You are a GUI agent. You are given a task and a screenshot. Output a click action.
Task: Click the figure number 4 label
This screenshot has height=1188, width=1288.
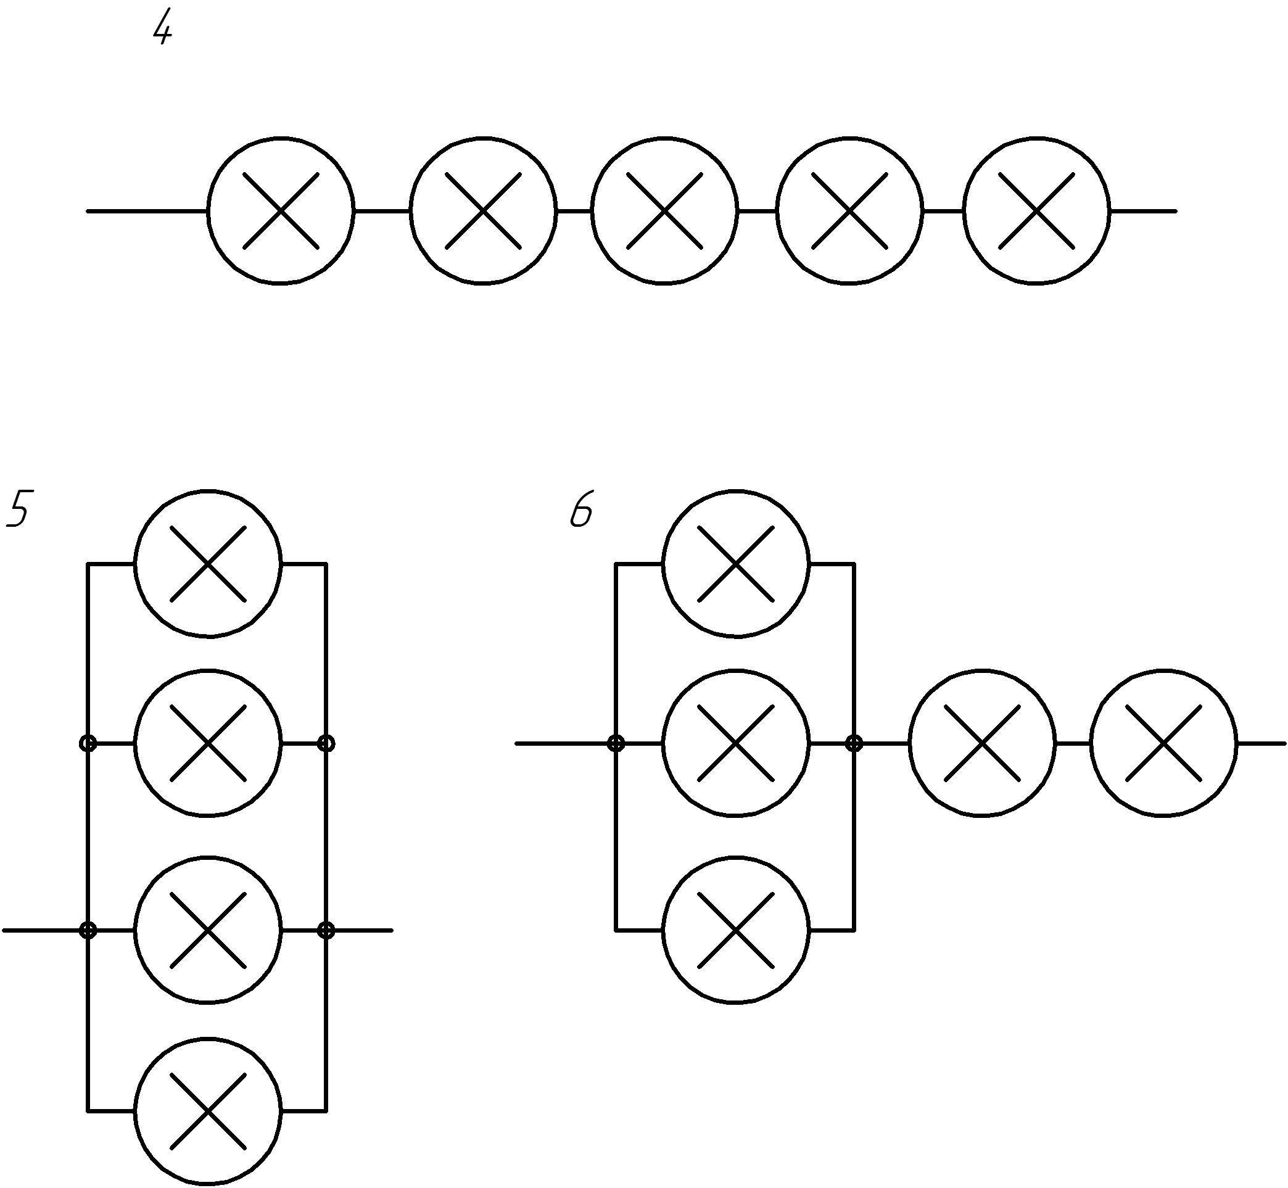coord(163,30)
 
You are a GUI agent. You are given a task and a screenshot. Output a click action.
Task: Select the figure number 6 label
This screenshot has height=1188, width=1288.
coord(581,513)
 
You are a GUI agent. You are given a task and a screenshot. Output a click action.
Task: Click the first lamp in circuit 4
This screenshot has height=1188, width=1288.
coord(281,210)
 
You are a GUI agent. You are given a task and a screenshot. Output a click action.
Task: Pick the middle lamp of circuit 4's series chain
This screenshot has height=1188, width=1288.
coord(664,210)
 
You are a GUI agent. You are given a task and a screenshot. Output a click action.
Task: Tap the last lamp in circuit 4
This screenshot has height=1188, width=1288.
coord(1036,210)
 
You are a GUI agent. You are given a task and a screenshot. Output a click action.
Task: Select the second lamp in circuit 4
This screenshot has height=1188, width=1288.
coord(483,210)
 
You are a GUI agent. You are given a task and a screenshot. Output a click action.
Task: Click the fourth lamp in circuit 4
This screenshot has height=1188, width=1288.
coord(849,210)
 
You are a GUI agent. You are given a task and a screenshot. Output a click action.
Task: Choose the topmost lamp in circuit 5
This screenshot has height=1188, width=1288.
coord(208,564)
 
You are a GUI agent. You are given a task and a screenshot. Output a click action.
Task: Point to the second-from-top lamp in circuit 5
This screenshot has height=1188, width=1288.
coord(208,744)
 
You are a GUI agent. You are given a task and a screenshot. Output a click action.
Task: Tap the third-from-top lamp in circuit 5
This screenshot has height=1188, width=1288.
coord(208,930)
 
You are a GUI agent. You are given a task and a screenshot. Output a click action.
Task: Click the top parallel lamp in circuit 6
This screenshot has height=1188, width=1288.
coord(736,564)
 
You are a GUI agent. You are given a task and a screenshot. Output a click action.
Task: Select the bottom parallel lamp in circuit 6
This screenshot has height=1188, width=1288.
coord(736,930)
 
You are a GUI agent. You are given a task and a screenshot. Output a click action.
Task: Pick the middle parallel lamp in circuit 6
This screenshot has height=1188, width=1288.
coord(736,744)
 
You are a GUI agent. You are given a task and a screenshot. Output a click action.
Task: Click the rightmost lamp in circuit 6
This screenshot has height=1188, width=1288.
coord(1163,744)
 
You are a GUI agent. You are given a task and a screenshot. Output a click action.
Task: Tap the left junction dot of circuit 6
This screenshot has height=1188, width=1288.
coord(616,744)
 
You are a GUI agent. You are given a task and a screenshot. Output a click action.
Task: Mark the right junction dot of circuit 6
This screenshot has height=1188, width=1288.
coord(854,744)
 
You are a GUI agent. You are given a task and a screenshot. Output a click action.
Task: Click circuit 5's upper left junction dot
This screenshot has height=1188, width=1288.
coord(88,744)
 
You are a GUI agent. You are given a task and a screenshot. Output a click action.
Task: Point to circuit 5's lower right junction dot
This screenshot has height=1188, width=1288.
coord(327,930)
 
